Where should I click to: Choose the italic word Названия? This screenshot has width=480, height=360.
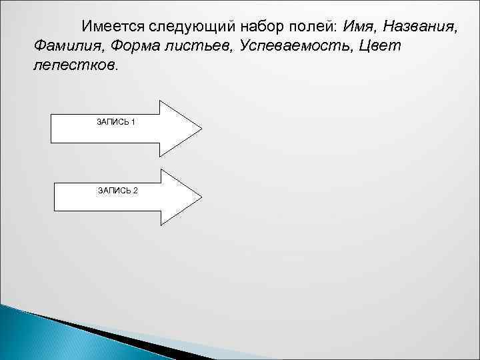point(421,27)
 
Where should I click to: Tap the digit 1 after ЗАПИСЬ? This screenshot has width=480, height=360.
point(134,122)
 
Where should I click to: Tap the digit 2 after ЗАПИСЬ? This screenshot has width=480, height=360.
point(135,191)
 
